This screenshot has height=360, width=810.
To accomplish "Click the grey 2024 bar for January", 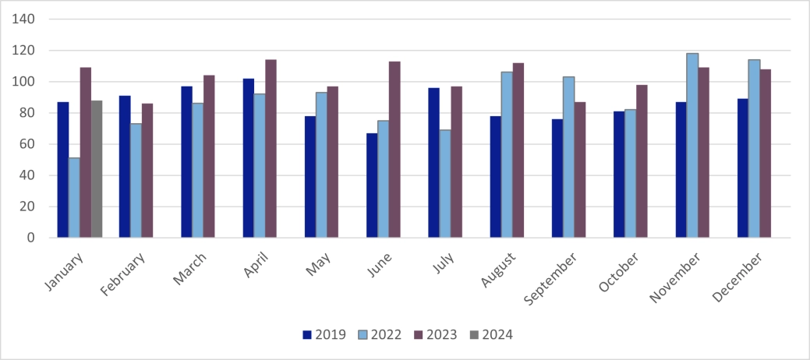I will click(97, 169).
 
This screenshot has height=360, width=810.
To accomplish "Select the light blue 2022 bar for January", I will click(74, 198).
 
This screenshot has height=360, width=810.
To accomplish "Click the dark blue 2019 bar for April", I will click(248, 158).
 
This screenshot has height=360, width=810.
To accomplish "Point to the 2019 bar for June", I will click(372, 185).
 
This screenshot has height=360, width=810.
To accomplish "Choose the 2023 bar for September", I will click(580, 170).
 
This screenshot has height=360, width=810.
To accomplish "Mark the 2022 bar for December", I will click(754, 149).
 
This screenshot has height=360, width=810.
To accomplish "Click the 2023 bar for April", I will click(271, 149).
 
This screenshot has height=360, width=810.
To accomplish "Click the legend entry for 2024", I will click(491, 335).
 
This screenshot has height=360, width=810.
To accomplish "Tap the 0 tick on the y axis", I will click(31, 238).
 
